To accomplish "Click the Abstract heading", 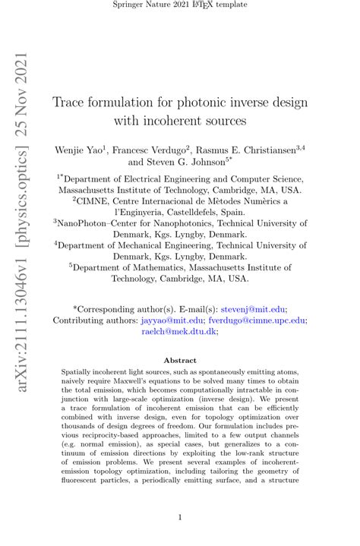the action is tap(180, 360).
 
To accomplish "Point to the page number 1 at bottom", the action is tap(180, 517).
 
